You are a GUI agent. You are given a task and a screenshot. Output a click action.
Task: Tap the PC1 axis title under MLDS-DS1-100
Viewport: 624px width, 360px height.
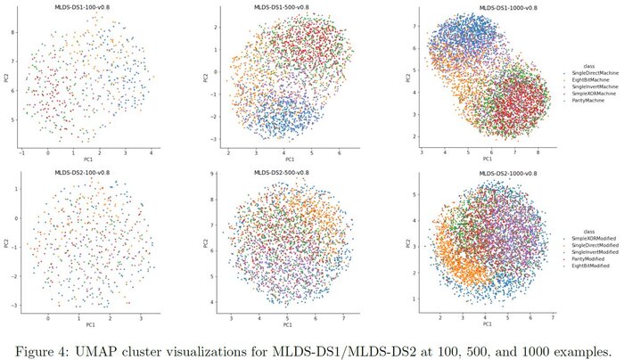pos(86,158)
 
